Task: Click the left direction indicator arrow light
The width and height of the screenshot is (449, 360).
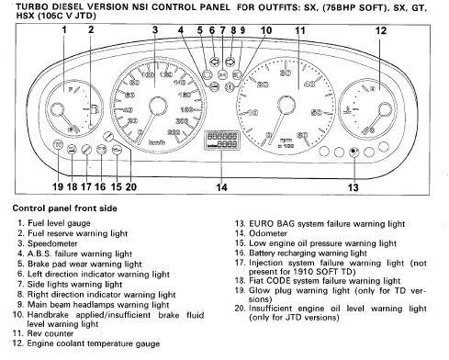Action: coord(215,62)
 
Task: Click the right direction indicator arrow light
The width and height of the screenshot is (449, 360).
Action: coord(230,62)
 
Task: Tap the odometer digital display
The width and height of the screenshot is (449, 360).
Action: coord(222,141)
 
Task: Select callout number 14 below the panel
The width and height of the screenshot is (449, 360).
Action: coord(221,187)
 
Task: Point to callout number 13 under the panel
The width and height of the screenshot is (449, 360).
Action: coord(353,187)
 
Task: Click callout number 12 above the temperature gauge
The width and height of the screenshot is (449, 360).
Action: coord(381,30)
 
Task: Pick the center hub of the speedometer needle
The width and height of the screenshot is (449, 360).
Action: coord(158,106)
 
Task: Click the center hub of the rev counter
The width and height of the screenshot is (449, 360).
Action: coord(286,105)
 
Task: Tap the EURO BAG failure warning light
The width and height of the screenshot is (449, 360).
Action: coord(354,152)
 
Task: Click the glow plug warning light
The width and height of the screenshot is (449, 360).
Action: coord(58,145)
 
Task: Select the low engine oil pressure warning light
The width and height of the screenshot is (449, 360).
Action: coord(117,150)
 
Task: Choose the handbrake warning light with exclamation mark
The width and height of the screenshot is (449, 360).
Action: coord(230,87)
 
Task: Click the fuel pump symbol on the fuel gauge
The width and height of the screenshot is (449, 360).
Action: coord(94,109)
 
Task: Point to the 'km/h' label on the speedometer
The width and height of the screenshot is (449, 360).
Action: coord(157,142)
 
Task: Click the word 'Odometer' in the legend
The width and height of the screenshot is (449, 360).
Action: coord(268,233)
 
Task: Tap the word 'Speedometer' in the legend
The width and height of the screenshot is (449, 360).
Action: coord(52,243)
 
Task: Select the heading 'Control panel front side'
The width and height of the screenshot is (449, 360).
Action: coord(65,208)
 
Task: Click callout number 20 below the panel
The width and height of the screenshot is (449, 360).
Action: coord(130,186)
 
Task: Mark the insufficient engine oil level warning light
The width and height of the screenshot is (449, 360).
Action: coord(107,136)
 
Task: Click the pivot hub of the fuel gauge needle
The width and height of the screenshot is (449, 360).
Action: coord(56,110)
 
